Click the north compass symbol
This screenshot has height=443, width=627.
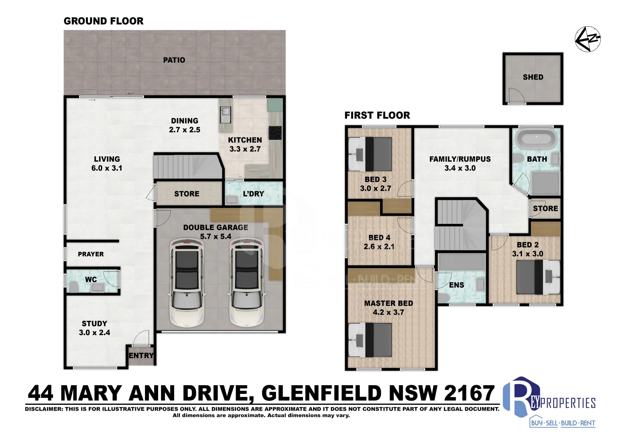click(x=588, y=39)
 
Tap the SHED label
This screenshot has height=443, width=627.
click(x=533, y=77)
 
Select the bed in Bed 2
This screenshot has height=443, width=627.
click(x=538, y=277)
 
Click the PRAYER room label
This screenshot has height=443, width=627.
click(x=91, y=254)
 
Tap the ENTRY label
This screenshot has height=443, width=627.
click(x=141, y=356)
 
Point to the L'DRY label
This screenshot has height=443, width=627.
click(x=253, y=194)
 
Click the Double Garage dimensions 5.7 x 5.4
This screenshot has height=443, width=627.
click(x=216, y=237)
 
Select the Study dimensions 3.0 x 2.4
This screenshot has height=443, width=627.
click(x=94, y=333)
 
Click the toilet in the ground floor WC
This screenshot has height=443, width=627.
click(x=74, y=286)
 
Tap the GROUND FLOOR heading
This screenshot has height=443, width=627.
click(x=103, y=21)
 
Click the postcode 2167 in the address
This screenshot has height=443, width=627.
click(x=470, y=393)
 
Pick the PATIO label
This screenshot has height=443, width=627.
click(x=174, y=60)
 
